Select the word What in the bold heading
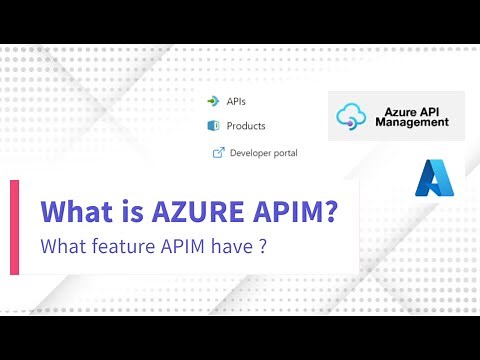point(74,213)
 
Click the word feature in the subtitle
point(121,246)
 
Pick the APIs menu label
point(236,101)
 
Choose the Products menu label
point(246,126)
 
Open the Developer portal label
point(263,153)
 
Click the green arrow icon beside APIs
point(211,101)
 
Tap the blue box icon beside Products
point(212,126)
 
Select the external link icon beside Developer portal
point(217,153)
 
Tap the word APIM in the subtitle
point(186,246)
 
